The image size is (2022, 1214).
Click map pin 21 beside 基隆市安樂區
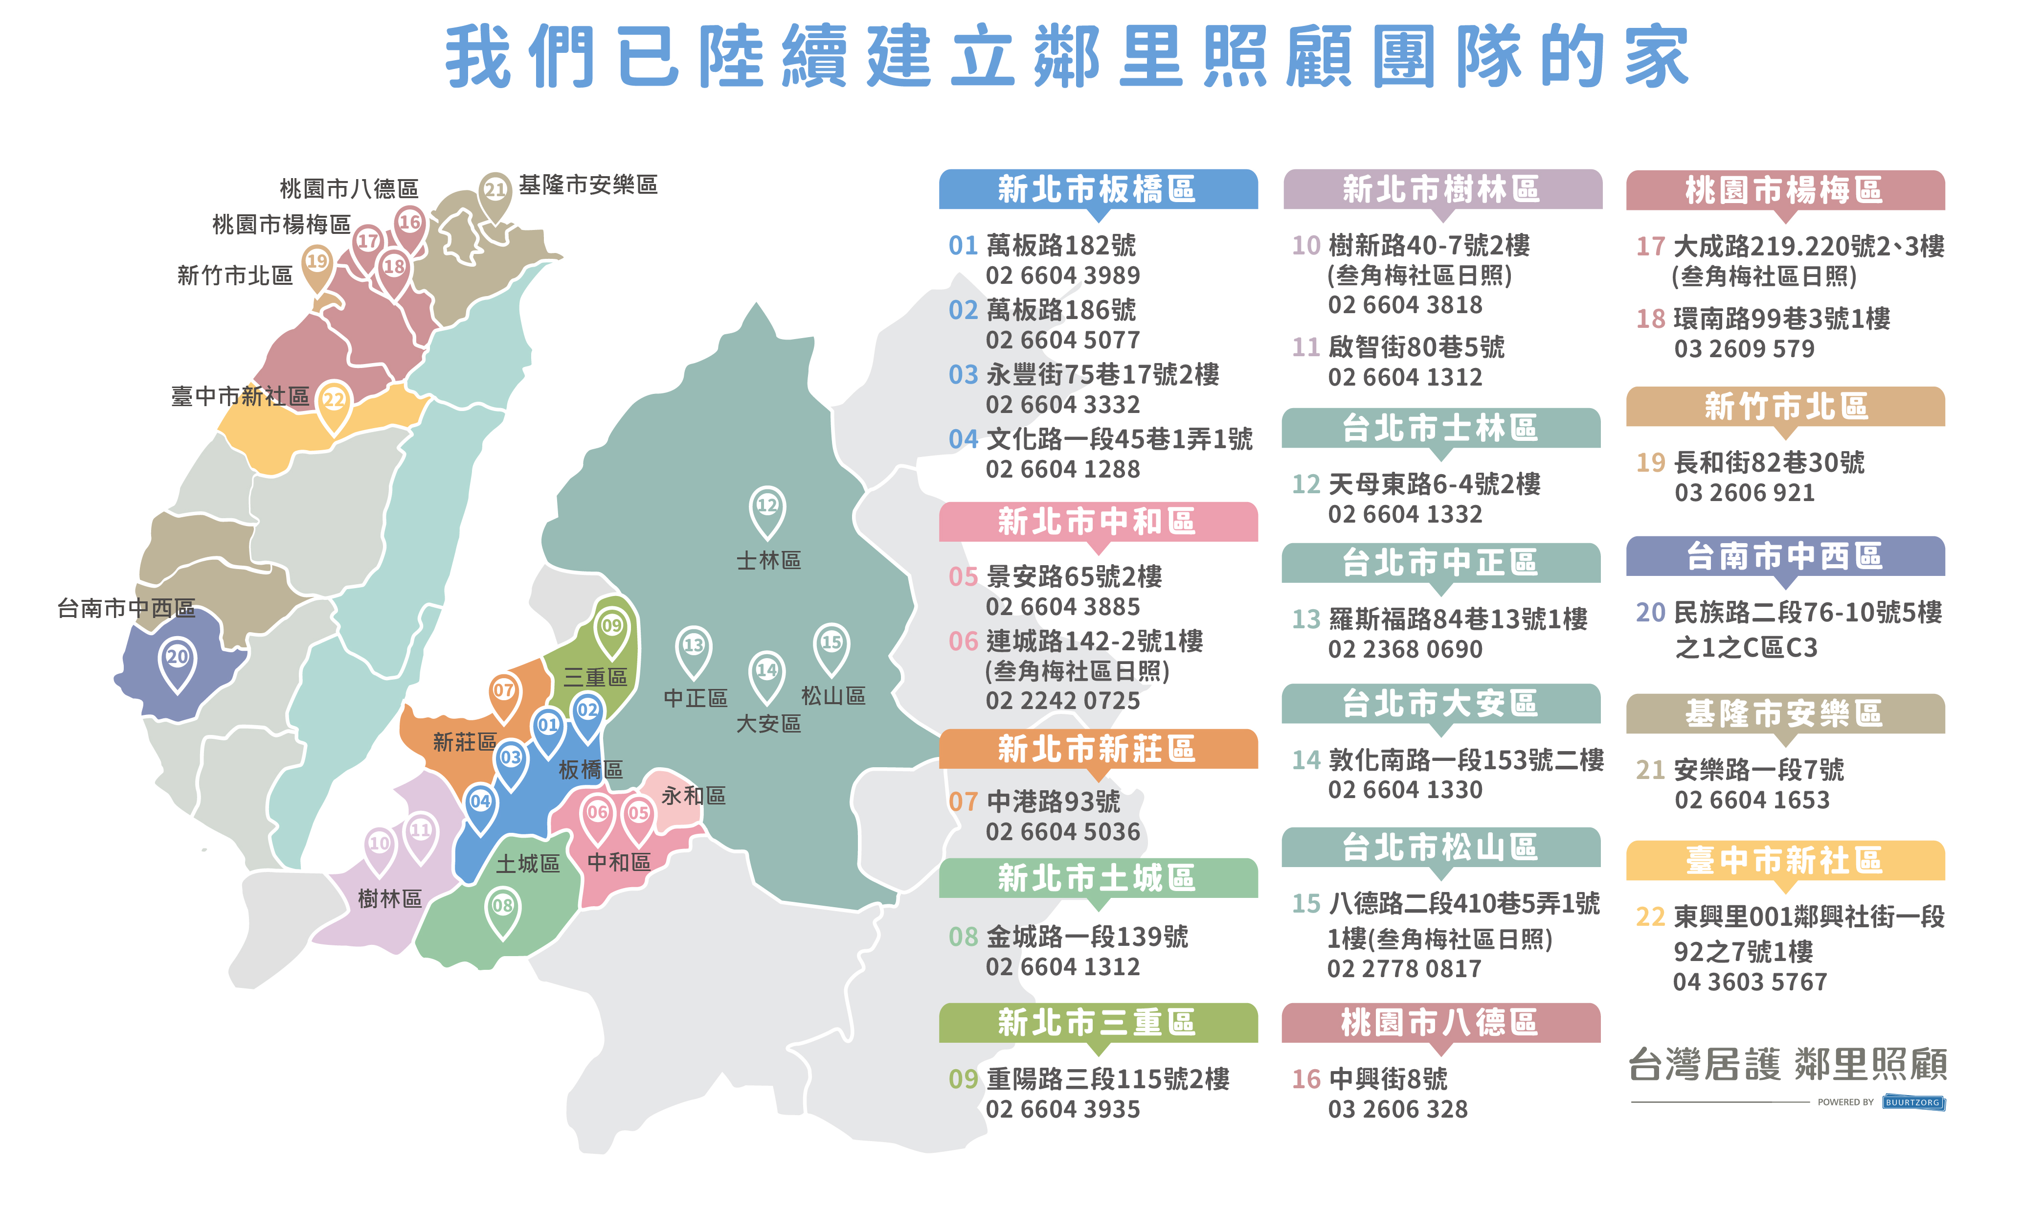(x=494, y=191)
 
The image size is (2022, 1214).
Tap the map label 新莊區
(x=464, y=742)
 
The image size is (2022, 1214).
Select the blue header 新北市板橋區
(x=1097, y=189)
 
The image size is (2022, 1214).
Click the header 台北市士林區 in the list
(x=1440, y=428)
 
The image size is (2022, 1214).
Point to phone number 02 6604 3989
(x=1062, y=275)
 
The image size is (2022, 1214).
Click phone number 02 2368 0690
(x=1405, y=649)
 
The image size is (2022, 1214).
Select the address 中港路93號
(x=1053, y=801)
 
